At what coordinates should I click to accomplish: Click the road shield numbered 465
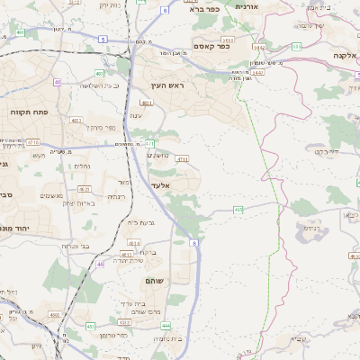click(x=238, y=210)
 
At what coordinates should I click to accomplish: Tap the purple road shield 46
click(x=100, y=264)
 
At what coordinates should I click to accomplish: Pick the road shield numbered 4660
click(x=54, y=315)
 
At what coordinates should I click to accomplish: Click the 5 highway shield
click(x=103, y=40)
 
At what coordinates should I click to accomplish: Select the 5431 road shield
click(x=229, y=40)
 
